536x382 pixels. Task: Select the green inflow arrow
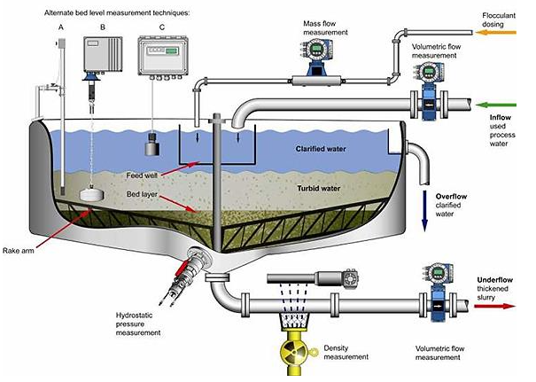[495, 105]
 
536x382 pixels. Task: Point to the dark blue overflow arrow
[425, 211]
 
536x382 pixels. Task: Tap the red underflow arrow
[494, 306]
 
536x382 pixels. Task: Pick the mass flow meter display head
[317, 50]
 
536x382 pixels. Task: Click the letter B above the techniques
[103, 27]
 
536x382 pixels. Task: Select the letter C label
[162, 27]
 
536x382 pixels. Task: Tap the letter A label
[61, 27]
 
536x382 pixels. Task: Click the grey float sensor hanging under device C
[152, 144]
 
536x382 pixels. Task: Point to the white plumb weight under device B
[91, 194]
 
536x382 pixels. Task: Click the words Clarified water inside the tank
[321, 149]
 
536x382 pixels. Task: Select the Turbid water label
[319, 188]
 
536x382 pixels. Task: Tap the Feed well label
[142, 175]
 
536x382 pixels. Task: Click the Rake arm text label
[19, 251]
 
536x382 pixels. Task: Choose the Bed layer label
[142, 194]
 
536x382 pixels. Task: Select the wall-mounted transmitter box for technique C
[163, 57]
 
